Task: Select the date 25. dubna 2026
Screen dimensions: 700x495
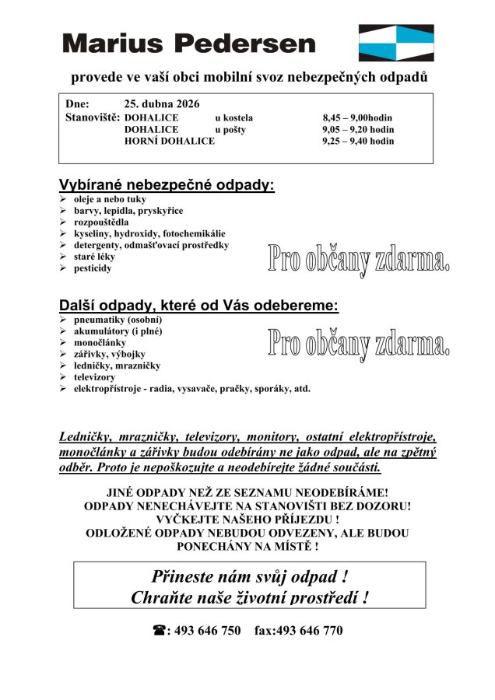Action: point(162,103)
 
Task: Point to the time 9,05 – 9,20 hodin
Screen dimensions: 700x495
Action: point(357,130)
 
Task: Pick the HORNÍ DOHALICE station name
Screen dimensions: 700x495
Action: point(169,142)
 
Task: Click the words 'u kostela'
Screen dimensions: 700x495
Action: point(233,118)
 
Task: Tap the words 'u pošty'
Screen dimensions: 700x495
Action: point(230,130)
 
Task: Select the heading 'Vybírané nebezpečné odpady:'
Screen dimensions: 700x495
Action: point(167,186)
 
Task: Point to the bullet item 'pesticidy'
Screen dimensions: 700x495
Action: point(93,268)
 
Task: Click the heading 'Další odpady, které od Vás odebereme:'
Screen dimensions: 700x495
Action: point(198,306)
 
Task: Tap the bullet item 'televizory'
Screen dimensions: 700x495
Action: point(94,376)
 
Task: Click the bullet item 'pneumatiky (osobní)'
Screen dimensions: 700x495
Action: point(118,319)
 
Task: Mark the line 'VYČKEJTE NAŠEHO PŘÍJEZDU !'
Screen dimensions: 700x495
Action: point(247,519)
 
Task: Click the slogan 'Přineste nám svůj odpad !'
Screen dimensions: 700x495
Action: point(249,577)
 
